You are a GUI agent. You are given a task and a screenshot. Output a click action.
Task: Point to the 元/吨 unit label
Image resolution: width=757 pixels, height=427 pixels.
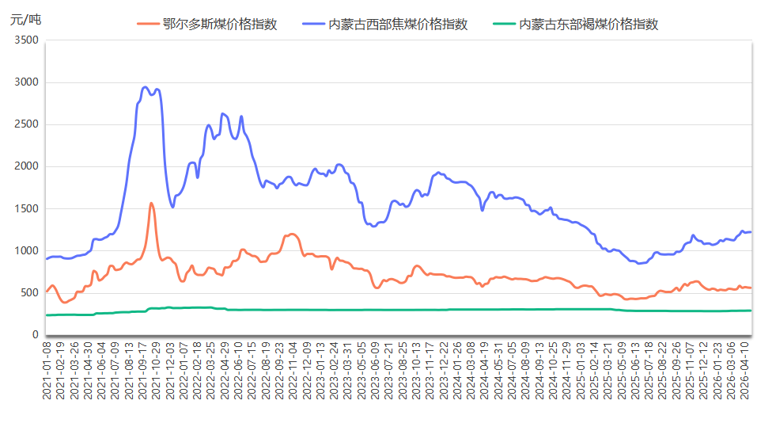coord(25,19)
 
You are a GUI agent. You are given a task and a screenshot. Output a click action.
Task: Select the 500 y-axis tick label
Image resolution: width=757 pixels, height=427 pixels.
coord(28,293)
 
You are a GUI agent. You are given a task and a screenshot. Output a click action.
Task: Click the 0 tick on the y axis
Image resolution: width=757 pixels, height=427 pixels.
coord(35,335)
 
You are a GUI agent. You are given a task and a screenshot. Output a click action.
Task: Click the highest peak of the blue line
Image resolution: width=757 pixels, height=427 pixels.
coord(146,87)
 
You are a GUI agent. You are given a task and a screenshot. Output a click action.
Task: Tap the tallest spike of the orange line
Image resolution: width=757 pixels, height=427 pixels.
coord(151,203)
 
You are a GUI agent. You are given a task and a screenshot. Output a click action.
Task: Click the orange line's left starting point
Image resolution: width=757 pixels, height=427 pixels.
coord(47,291)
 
